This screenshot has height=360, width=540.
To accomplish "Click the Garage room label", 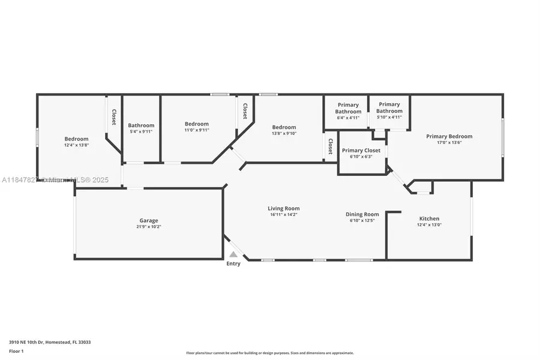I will [149, 220].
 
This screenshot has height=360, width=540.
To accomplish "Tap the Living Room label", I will [283, 208].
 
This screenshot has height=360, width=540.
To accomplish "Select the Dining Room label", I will [362, 214].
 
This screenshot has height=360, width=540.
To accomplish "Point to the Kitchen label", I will [429, 218].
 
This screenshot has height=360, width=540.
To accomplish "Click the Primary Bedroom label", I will [449, 136].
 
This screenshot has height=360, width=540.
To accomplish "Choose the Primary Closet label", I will [361, 151].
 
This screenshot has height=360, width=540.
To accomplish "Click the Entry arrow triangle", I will [233, 254].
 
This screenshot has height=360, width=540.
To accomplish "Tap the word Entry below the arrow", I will [233, 263].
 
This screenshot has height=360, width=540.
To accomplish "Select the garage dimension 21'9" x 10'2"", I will [149, 227].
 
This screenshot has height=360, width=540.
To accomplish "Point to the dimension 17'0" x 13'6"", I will [449, 143].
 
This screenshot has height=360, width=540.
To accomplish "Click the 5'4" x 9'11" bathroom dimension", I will [141, 131].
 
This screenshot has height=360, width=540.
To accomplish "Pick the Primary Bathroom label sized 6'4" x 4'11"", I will [348, 108].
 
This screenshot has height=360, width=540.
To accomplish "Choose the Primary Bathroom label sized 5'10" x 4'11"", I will [389, 108].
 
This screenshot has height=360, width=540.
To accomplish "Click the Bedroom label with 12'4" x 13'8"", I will [76, 139].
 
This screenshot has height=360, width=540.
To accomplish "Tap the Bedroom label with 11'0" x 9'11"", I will [196, 124].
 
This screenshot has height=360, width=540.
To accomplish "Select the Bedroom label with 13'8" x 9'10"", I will [284, 127].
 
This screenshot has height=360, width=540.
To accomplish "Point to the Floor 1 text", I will [16, 351].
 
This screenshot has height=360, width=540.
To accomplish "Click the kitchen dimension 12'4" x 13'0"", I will [429, 225].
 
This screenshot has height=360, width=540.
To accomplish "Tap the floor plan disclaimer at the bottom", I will [270, 353].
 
